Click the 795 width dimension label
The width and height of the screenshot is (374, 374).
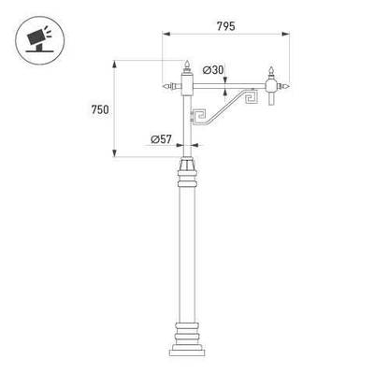[x=226, y=26]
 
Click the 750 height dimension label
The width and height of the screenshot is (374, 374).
[x=100, y=109]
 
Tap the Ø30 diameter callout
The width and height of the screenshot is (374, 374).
[x=213, y=70]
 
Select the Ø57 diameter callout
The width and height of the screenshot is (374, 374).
[x=161, y=139]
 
